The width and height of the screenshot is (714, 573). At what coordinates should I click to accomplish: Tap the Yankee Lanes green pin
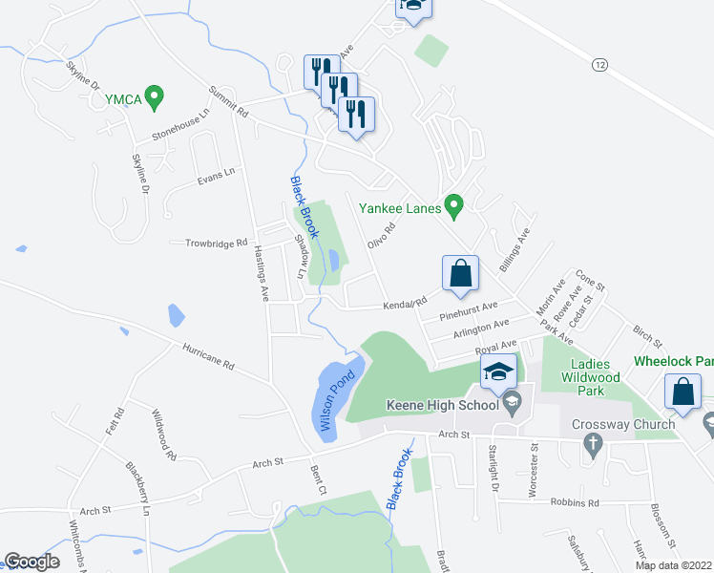[x=454, y=205]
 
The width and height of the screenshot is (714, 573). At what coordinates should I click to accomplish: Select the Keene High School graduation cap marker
[x=497, y=372]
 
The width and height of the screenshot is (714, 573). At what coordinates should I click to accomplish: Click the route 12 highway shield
[x=599, y=64]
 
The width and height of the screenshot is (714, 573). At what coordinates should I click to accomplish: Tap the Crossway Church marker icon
[x=592, y=443]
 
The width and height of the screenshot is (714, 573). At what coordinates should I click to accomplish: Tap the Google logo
[x=31, y=562]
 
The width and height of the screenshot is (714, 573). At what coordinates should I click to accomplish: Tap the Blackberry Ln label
[x=137, y=489]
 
